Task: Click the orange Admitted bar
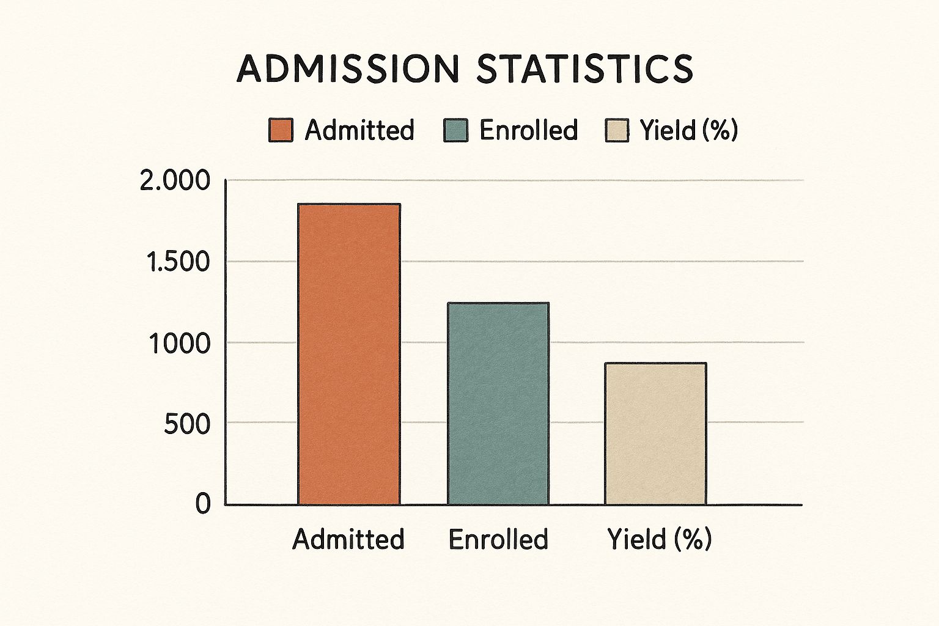[x=349, y=355]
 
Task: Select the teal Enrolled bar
[x=498, y=403]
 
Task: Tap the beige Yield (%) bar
[x=655, y=434]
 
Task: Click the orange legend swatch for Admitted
[x=281, y=130]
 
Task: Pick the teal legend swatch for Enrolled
[x=455, y=130]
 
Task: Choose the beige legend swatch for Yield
[x=617, y=130]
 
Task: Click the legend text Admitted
[x=359, y=130]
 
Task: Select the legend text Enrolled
[x=529, y=130]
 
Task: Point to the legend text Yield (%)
[x=689, y=130]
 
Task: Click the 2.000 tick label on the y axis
[x=175, y=181]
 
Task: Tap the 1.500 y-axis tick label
[x=178, y=262]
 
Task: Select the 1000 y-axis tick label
[x=180, y=344]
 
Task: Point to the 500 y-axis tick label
[x=187, y=424]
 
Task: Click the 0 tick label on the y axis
[x=203, y=504]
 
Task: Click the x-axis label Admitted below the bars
[x=348, y=539]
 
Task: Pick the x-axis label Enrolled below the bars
[x=498, y=539]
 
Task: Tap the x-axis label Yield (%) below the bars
[x=659, y=539]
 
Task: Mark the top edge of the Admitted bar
[x=349, y=204]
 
